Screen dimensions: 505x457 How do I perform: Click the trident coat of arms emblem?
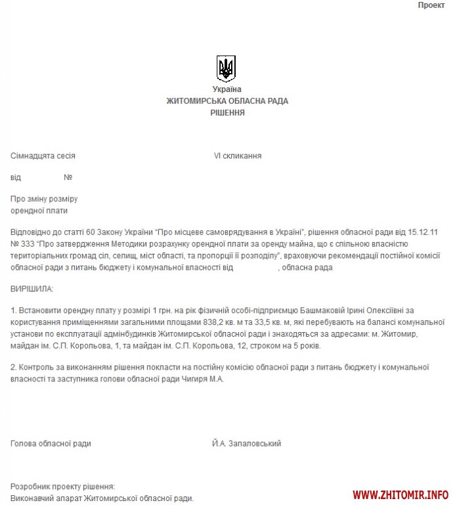(x=226, y=68)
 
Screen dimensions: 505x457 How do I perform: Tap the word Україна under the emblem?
(x=227, y=89)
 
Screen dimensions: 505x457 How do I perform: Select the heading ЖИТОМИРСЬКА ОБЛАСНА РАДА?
(x=227, y=101)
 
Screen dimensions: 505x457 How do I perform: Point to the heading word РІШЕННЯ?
(x=227, y=113)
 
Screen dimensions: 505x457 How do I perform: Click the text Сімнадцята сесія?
(x=43, y=156)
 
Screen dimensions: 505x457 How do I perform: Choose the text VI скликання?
(x=238, y=156)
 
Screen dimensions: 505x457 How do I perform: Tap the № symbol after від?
(x=68, y=178)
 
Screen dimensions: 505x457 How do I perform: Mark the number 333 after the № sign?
(x=29, y=245)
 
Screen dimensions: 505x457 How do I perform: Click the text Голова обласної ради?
(x=51, y=444)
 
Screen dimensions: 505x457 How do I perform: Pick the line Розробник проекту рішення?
(x=63, y=487)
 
